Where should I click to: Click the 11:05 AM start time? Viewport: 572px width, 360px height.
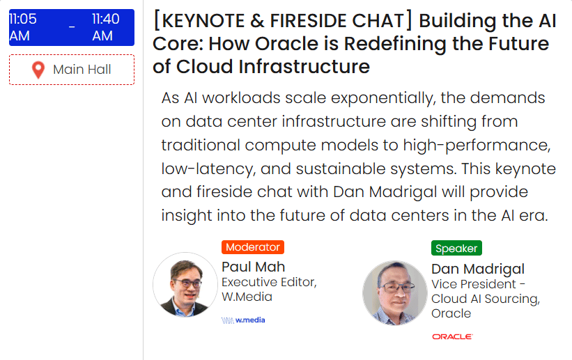click(x=22, y=27)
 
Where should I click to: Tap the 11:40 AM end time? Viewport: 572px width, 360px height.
click(x=105, y=27)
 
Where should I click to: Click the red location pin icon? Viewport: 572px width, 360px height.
click(x=38, y=70)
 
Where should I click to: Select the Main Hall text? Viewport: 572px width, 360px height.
click(x=82, y=70)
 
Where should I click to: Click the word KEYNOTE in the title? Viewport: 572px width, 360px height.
click(x=203, y=20)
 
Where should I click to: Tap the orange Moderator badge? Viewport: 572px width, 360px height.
click(x=253, y=247)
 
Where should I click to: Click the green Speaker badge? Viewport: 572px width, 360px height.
click(x=456, y=248)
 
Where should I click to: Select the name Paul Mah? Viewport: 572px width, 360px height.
click(x=253, y=267)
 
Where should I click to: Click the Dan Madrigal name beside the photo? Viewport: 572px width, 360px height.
click(x=478, y=269)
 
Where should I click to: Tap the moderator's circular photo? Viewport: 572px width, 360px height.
click(x=185, y=285)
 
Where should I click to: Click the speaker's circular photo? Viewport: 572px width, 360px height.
click(x=395, y=292)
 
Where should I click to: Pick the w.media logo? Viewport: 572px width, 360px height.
click(x=243, y=320)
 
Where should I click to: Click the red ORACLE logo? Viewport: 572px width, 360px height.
click(x=452, y=336)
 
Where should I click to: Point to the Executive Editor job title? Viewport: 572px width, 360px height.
click(x=269, y=282)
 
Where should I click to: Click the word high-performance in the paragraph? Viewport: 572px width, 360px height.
click(x=477, y=146)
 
